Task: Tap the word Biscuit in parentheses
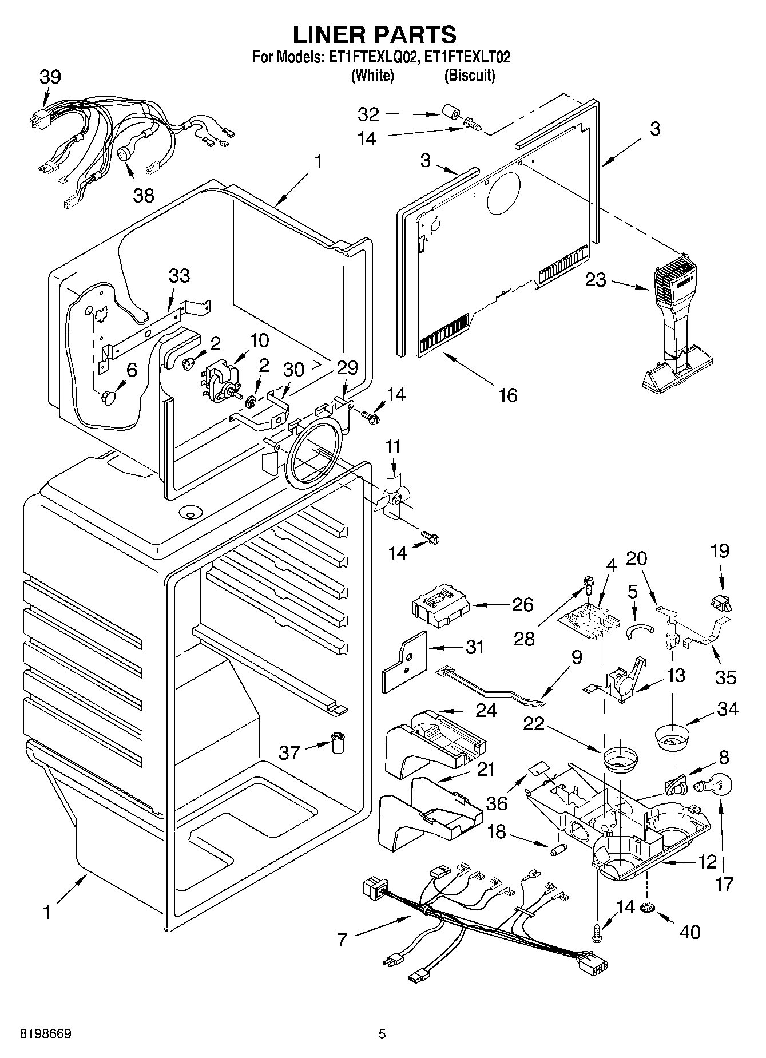coord(469,75)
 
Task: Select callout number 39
coord(50,77)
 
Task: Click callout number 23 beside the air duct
coord(595,281)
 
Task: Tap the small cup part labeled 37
coord(339,743)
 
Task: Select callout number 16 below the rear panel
coord(507,395)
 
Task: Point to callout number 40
coord(690,932)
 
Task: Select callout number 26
coord(522,605)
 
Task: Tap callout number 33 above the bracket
coord(179,276)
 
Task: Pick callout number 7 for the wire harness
coord(342,940)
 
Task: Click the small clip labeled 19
coord(719,601)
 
